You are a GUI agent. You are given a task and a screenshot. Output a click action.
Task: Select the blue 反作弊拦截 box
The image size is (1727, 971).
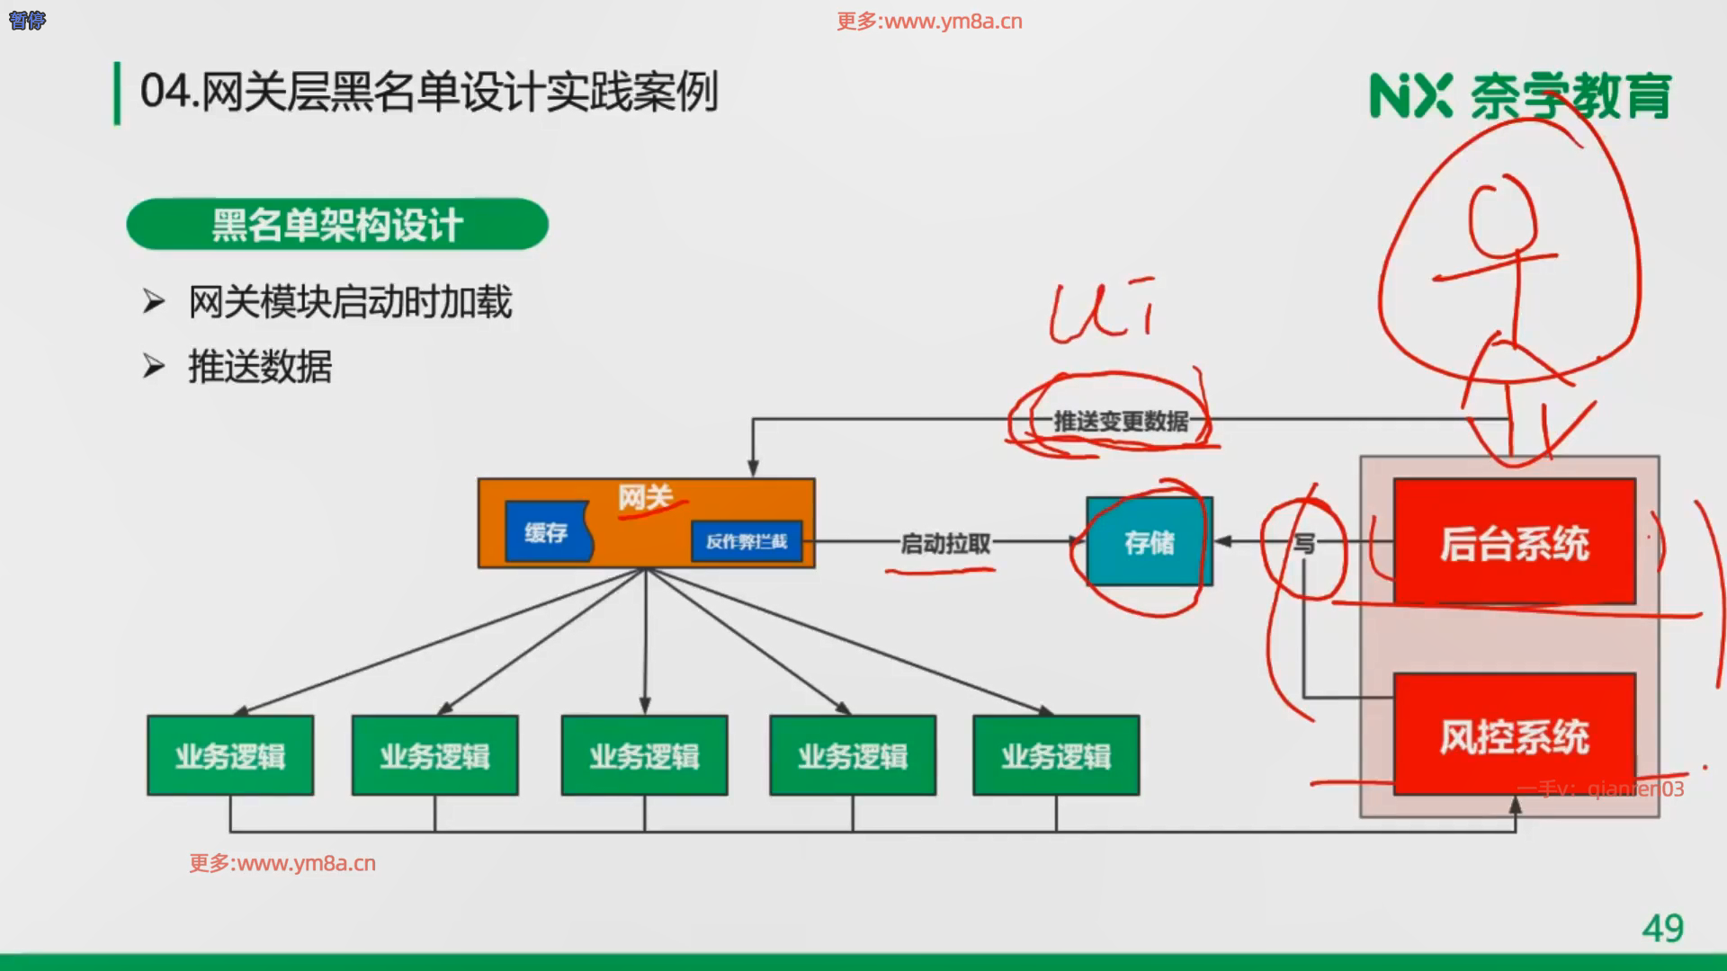click(x=746, y=541)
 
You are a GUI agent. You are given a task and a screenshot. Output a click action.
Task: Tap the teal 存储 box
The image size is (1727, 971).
click(x=1149, y=542)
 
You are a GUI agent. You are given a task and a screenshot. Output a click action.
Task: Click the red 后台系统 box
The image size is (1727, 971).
click(x=1514, y=542)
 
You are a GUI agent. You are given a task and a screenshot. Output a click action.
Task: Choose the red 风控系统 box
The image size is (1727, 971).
click(x=1514, y=735)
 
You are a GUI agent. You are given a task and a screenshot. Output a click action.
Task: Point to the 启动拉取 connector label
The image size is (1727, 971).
click(x=945, y=543)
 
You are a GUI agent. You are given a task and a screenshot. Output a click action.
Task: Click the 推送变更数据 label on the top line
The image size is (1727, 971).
click(x=1121, y=421)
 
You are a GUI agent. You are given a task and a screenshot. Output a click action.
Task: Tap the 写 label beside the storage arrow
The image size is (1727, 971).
click(x=1303, y=543)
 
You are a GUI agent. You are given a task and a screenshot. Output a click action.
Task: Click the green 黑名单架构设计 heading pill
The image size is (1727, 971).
click(x=337, y=225)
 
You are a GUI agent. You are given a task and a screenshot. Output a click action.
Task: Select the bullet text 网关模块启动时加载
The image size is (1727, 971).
click(x=350, y=302)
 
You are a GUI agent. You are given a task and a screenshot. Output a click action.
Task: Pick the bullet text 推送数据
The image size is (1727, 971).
click(x=260, y=367)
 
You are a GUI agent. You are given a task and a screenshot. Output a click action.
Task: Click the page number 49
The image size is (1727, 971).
click(x=1662, y=928)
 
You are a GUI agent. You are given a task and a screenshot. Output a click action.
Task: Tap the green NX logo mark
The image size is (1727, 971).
click(x=1409, y=96)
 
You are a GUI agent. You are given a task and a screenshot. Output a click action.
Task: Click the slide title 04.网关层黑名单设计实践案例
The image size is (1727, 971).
click(x=429, y=92)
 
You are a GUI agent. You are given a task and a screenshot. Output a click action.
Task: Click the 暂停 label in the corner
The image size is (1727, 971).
click(x=27, y=20)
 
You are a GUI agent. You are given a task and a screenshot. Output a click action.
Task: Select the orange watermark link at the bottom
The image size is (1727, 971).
click(x=282, y=863)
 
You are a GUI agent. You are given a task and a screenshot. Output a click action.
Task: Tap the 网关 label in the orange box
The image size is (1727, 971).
click(x=645, y=497)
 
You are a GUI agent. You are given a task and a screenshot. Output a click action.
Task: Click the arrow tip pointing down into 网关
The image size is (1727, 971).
click(x=753, y=470)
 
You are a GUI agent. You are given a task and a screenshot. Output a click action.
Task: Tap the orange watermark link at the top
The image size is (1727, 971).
click(x=929, y=22)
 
